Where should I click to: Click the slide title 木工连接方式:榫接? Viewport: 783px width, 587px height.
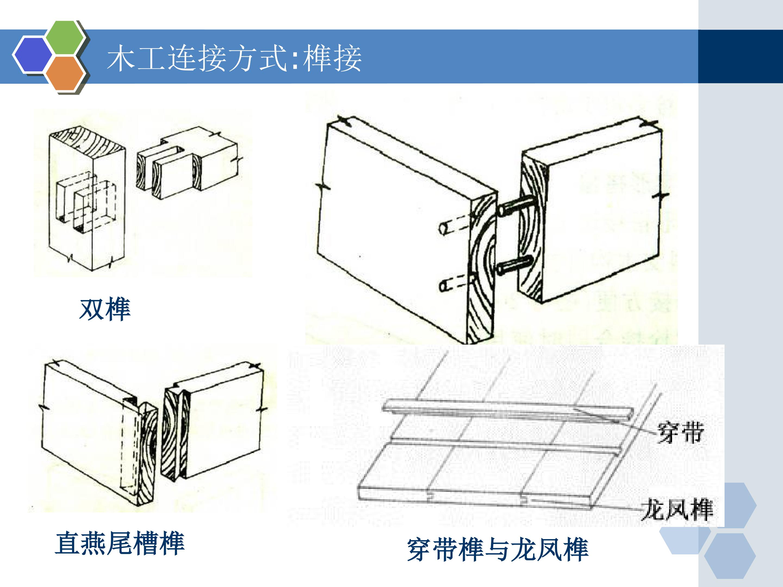pyautogui.click(x=234, y=58)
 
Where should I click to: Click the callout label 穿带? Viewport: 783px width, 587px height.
pyautogui.click(x=680, y=432)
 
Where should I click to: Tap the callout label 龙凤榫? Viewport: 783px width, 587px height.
pyautogui.click(x=677, y=509)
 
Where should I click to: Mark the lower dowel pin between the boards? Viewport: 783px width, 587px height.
pyautogui.click(x=514, y=266)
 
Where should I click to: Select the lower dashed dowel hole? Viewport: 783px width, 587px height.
pyautogui.click(x=455, y=283)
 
